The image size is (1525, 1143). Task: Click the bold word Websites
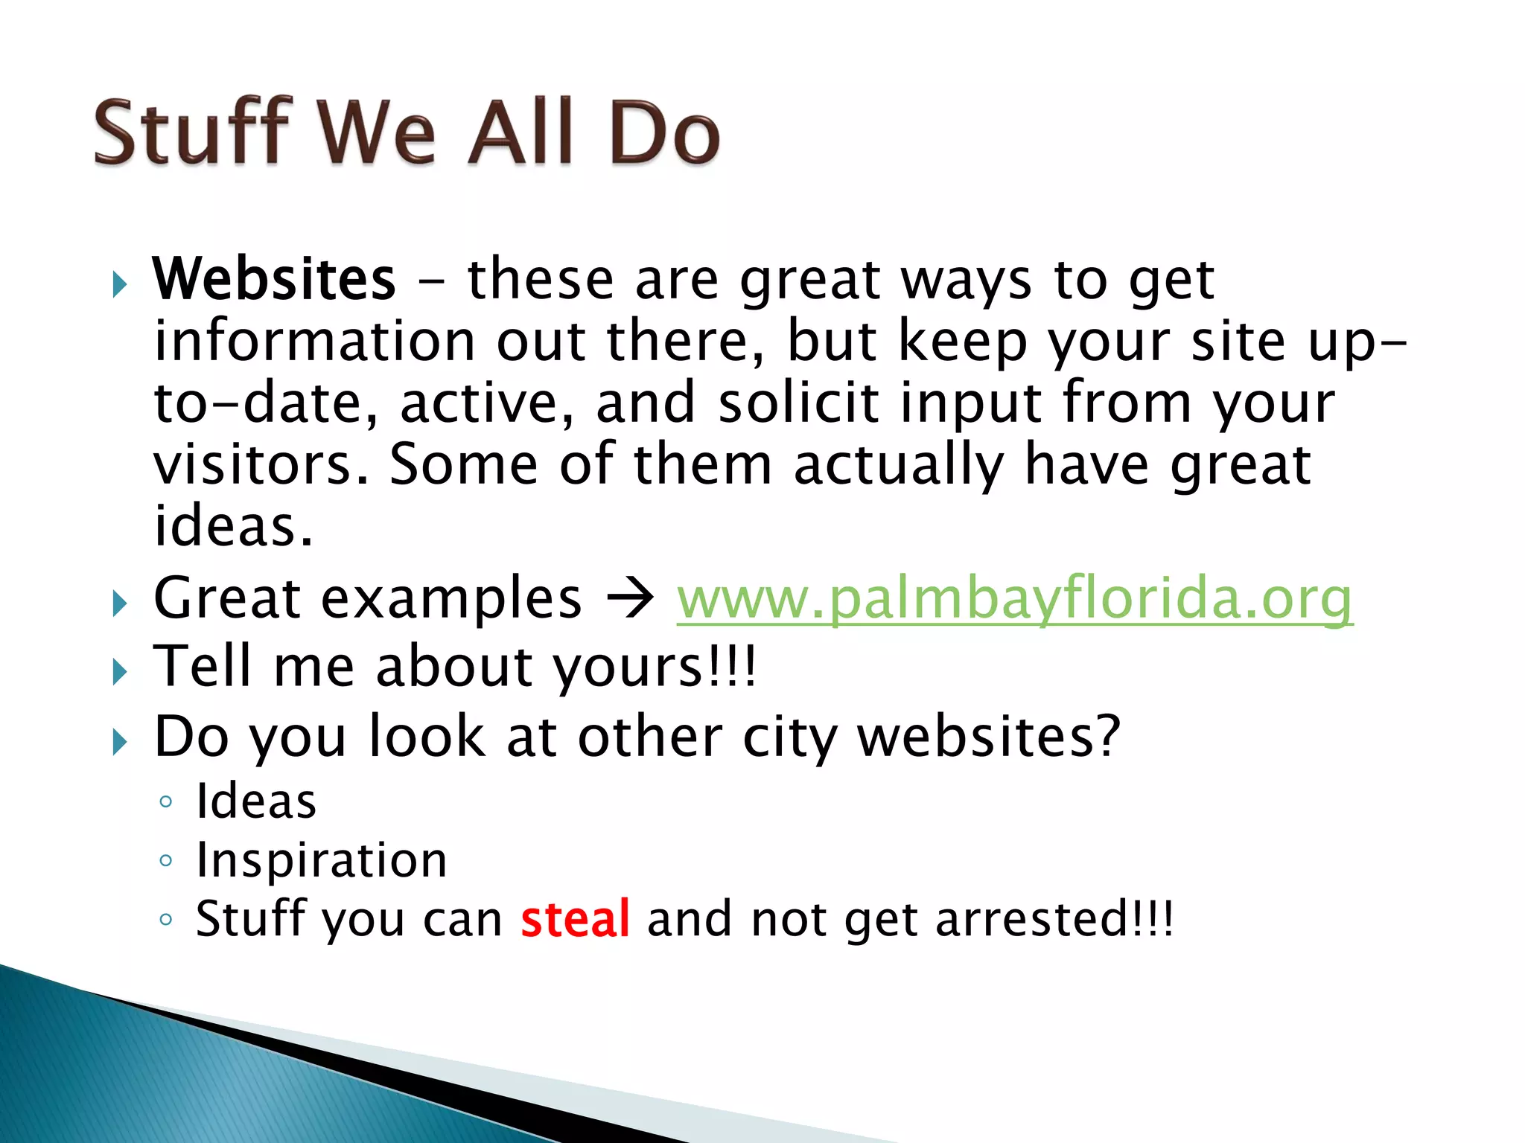pyautogui.click(x=274, y=279)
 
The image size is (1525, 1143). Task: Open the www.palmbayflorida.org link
pyautogui.click(x=1014, y=599)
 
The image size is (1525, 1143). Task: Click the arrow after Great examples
pyautogui.click(x=630, y=599)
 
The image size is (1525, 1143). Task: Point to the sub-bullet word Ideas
pyautogui.click(x=256, y=801)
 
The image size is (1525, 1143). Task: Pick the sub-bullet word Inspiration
pyautogui.click(x=321, y=860)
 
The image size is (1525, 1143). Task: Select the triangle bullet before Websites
pyautogui.click(x=120, y=284)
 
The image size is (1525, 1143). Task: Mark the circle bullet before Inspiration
pyautogui.click(x=165, y=862)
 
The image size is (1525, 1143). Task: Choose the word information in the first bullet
pyautogui.click(x=313, y=342)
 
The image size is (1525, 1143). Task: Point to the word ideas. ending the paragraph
pyautogui.click(x=233, y=526)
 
